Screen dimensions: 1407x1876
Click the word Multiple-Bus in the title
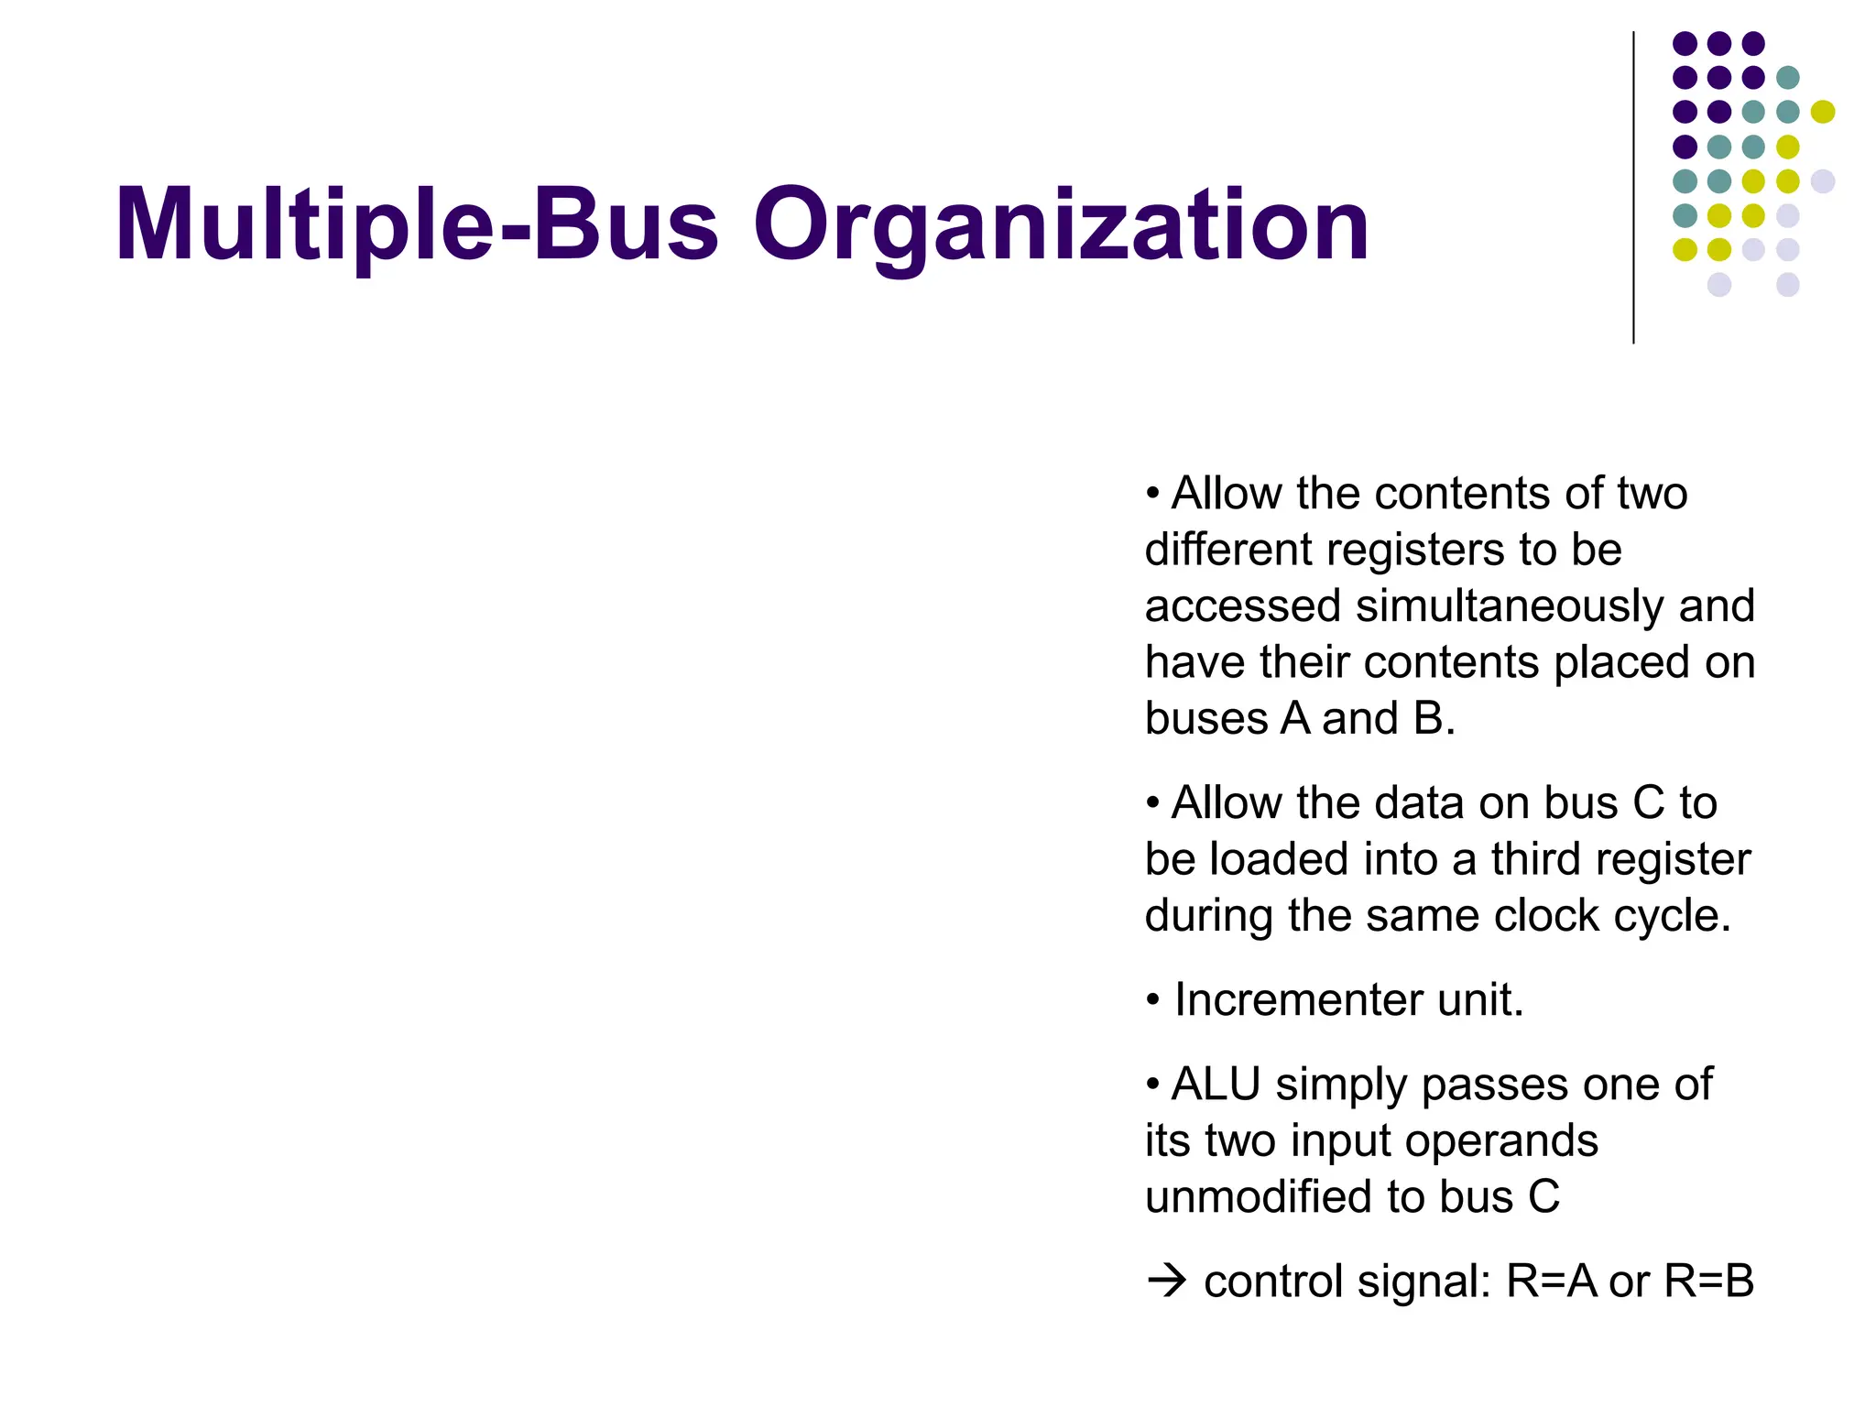(x=417, y=226)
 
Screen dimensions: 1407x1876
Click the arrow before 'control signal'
(x=1167, y=1281)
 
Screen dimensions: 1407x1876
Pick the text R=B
(x=1708, y=1281)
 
